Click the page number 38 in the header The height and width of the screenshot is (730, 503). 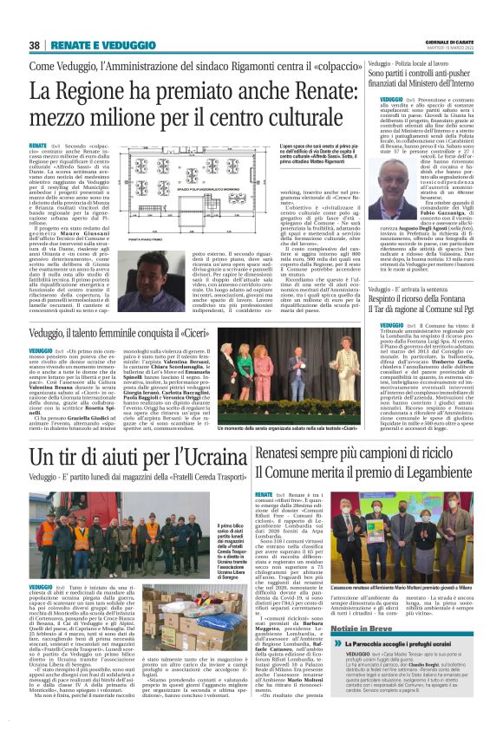34,45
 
